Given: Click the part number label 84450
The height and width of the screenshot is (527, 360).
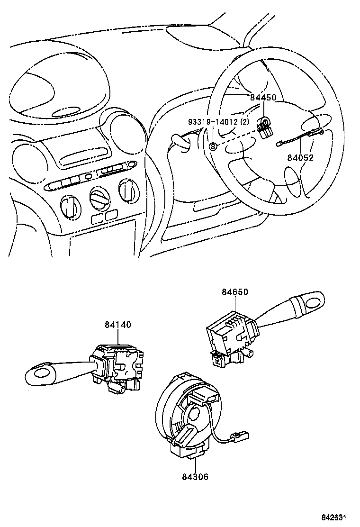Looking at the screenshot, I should tap(263, 98).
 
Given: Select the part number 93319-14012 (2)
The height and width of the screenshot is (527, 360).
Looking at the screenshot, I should tap(218, 122).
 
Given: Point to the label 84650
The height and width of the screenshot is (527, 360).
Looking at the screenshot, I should tap(234, 292).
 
